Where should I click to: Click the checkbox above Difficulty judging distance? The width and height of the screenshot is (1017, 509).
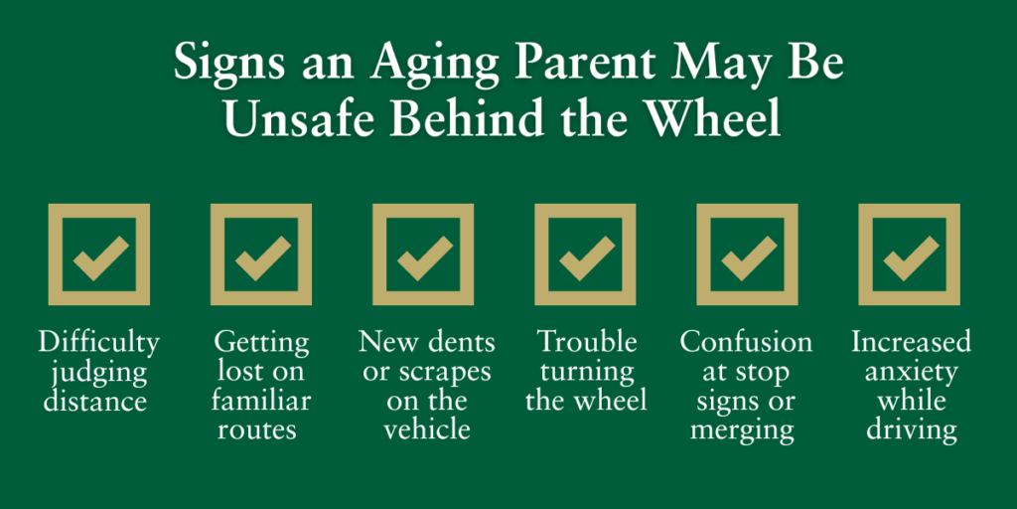(99, 254)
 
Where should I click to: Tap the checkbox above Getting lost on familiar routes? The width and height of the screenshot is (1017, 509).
(261, 254)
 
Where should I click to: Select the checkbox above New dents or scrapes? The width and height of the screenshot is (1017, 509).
(423, 254)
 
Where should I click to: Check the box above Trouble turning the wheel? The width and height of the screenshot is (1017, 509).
(585, 254)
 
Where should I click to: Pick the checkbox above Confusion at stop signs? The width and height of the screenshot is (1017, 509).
(747, 254)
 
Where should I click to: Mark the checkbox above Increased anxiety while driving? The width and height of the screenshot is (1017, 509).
(909, 254)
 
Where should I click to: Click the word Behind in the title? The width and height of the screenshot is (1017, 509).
(458, 119)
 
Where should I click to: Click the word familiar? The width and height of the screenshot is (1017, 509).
(262, 402)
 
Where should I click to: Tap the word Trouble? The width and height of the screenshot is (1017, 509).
(586, 343)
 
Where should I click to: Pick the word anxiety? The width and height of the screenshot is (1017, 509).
(910, 373)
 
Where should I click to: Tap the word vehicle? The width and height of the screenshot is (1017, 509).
(424, 429)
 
